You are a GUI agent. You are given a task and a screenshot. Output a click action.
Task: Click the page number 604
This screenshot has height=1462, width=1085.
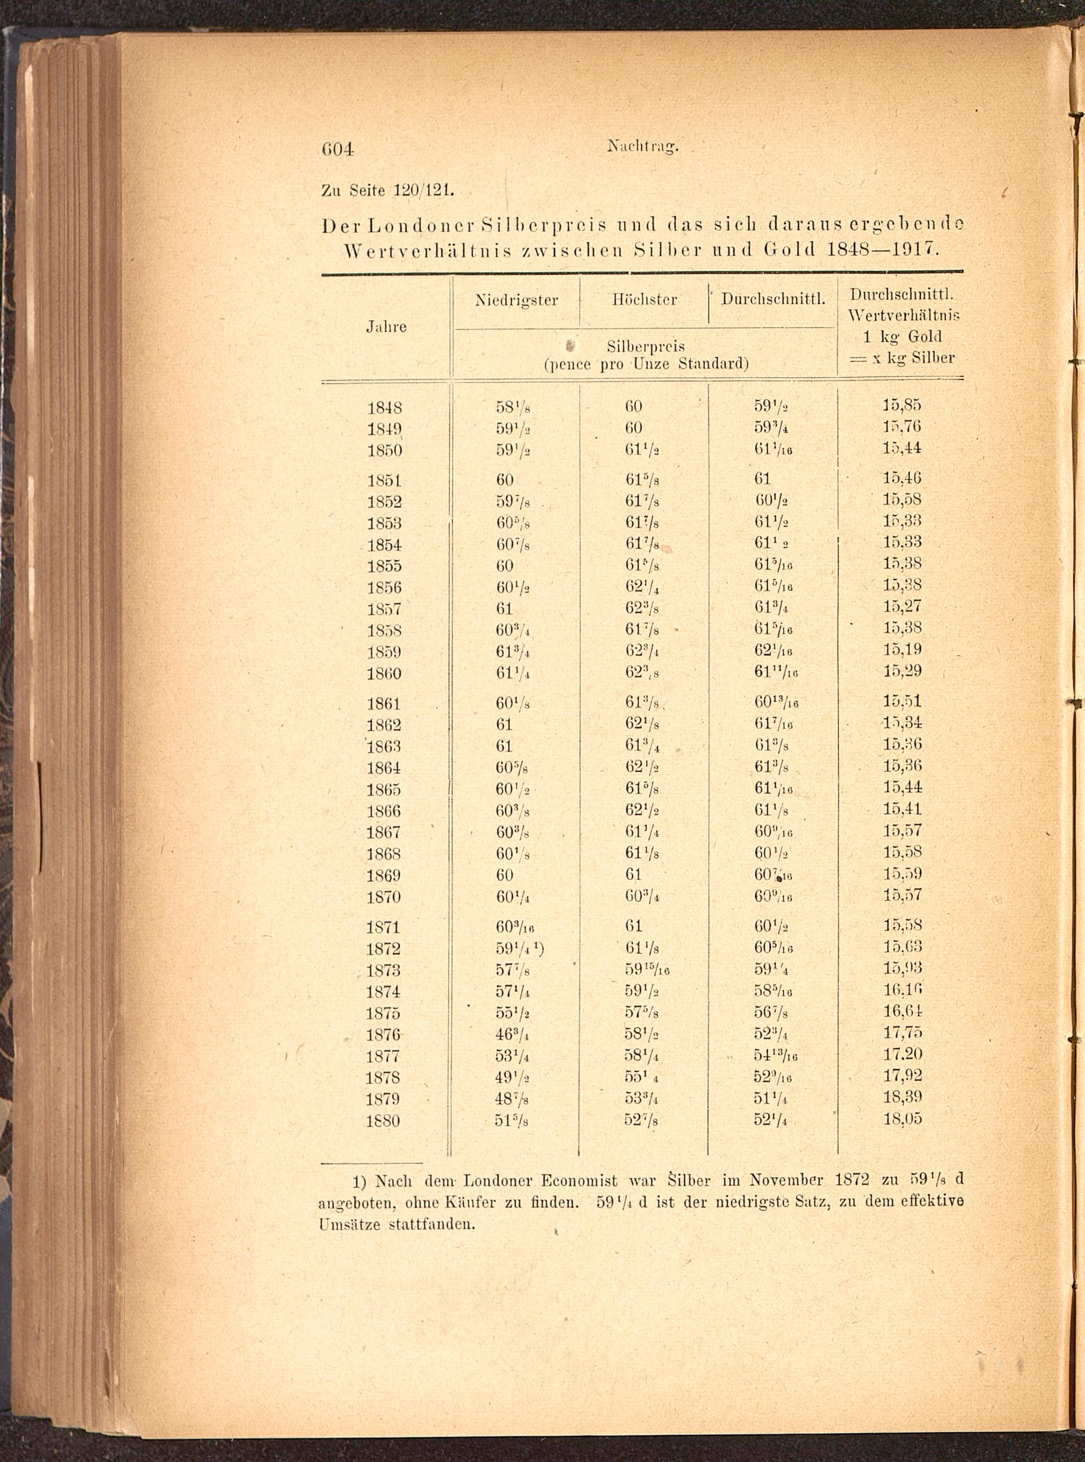[x=337, y=149]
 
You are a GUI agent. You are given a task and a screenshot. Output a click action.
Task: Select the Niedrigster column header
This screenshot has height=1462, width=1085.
[x=516, y=300]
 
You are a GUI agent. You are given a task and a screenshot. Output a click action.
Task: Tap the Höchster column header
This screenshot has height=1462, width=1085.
[x=644, y=300]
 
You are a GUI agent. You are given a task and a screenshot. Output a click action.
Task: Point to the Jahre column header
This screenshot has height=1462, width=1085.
[x=386, y=327]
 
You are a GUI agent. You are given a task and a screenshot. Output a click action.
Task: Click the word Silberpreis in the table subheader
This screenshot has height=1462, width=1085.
[x=646, y=346]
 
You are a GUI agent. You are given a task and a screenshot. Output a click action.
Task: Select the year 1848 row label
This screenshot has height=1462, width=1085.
[x=385, y=408]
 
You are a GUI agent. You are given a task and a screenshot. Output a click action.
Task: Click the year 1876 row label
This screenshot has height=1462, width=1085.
[x=385, y=1035]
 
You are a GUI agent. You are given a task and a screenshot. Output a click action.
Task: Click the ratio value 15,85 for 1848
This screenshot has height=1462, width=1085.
[x=902, y=405]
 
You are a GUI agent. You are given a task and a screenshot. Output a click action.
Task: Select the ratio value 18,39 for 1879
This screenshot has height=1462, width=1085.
[x=902, y=1097]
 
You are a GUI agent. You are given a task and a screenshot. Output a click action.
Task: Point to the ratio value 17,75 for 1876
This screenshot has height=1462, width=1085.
[x=902, y=1033]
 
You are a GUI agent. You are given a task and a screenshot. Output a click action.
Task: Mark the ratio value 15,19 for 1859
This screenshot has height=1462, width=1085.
[x=902, y=650]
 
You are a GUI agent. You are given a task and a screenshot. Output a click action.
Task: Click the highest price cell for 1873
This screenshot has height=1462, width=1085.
[x=647, y=970]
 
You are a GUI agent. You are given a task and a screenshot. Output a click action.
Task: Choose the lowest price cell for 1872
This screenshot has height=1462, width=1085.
[x=519, y=948]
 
